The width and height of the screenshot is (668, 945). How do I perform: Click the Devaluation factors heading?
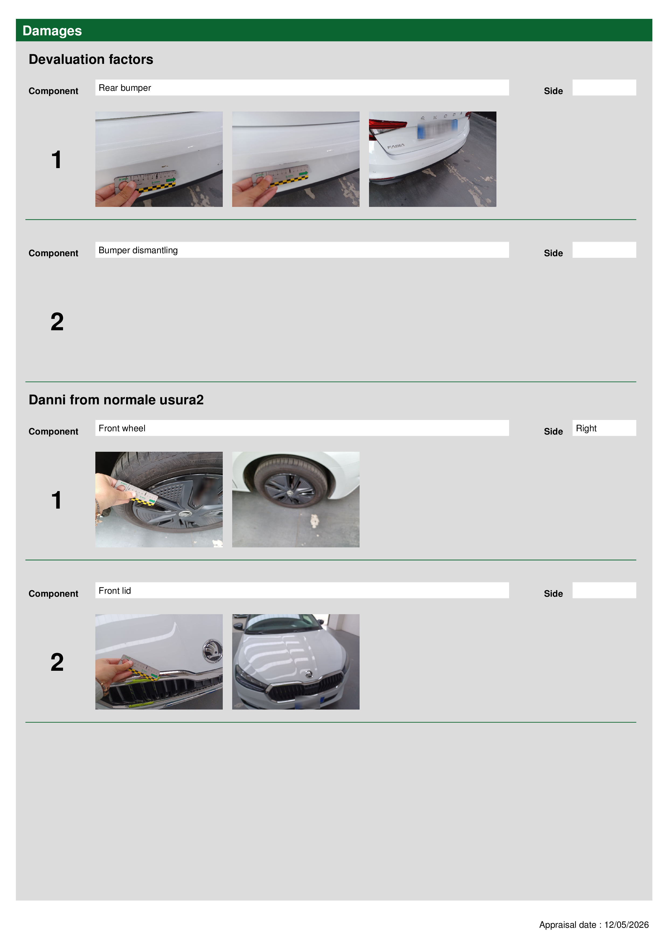[x=91, y=59]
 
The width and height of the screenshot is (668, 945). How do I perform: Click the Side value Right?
[x=586, y=428]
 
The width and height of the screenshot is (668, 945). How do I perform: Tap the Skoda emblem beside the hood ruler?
[x=212, y=651]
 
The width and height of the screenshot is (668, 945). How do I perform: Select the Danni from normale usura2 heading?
[x=116, y=400]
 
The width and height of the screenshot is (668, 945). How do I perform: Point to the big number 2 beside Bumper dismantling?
[x=57, y=321]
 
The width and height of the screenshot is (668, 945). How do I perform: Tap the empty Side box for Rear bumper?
[x=604, y=88]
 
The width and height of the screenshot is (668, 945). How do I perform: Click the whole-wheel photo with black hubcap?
[x=295, y=499]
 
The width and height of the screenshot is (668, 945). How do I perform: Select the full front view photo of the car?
[x=295, y=661]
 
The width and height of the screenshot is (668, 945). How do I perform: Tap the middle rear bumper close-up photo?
[x=295, y=159]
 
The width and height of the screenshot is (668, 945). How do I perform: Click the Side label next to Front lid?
[x=553, y=593]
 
